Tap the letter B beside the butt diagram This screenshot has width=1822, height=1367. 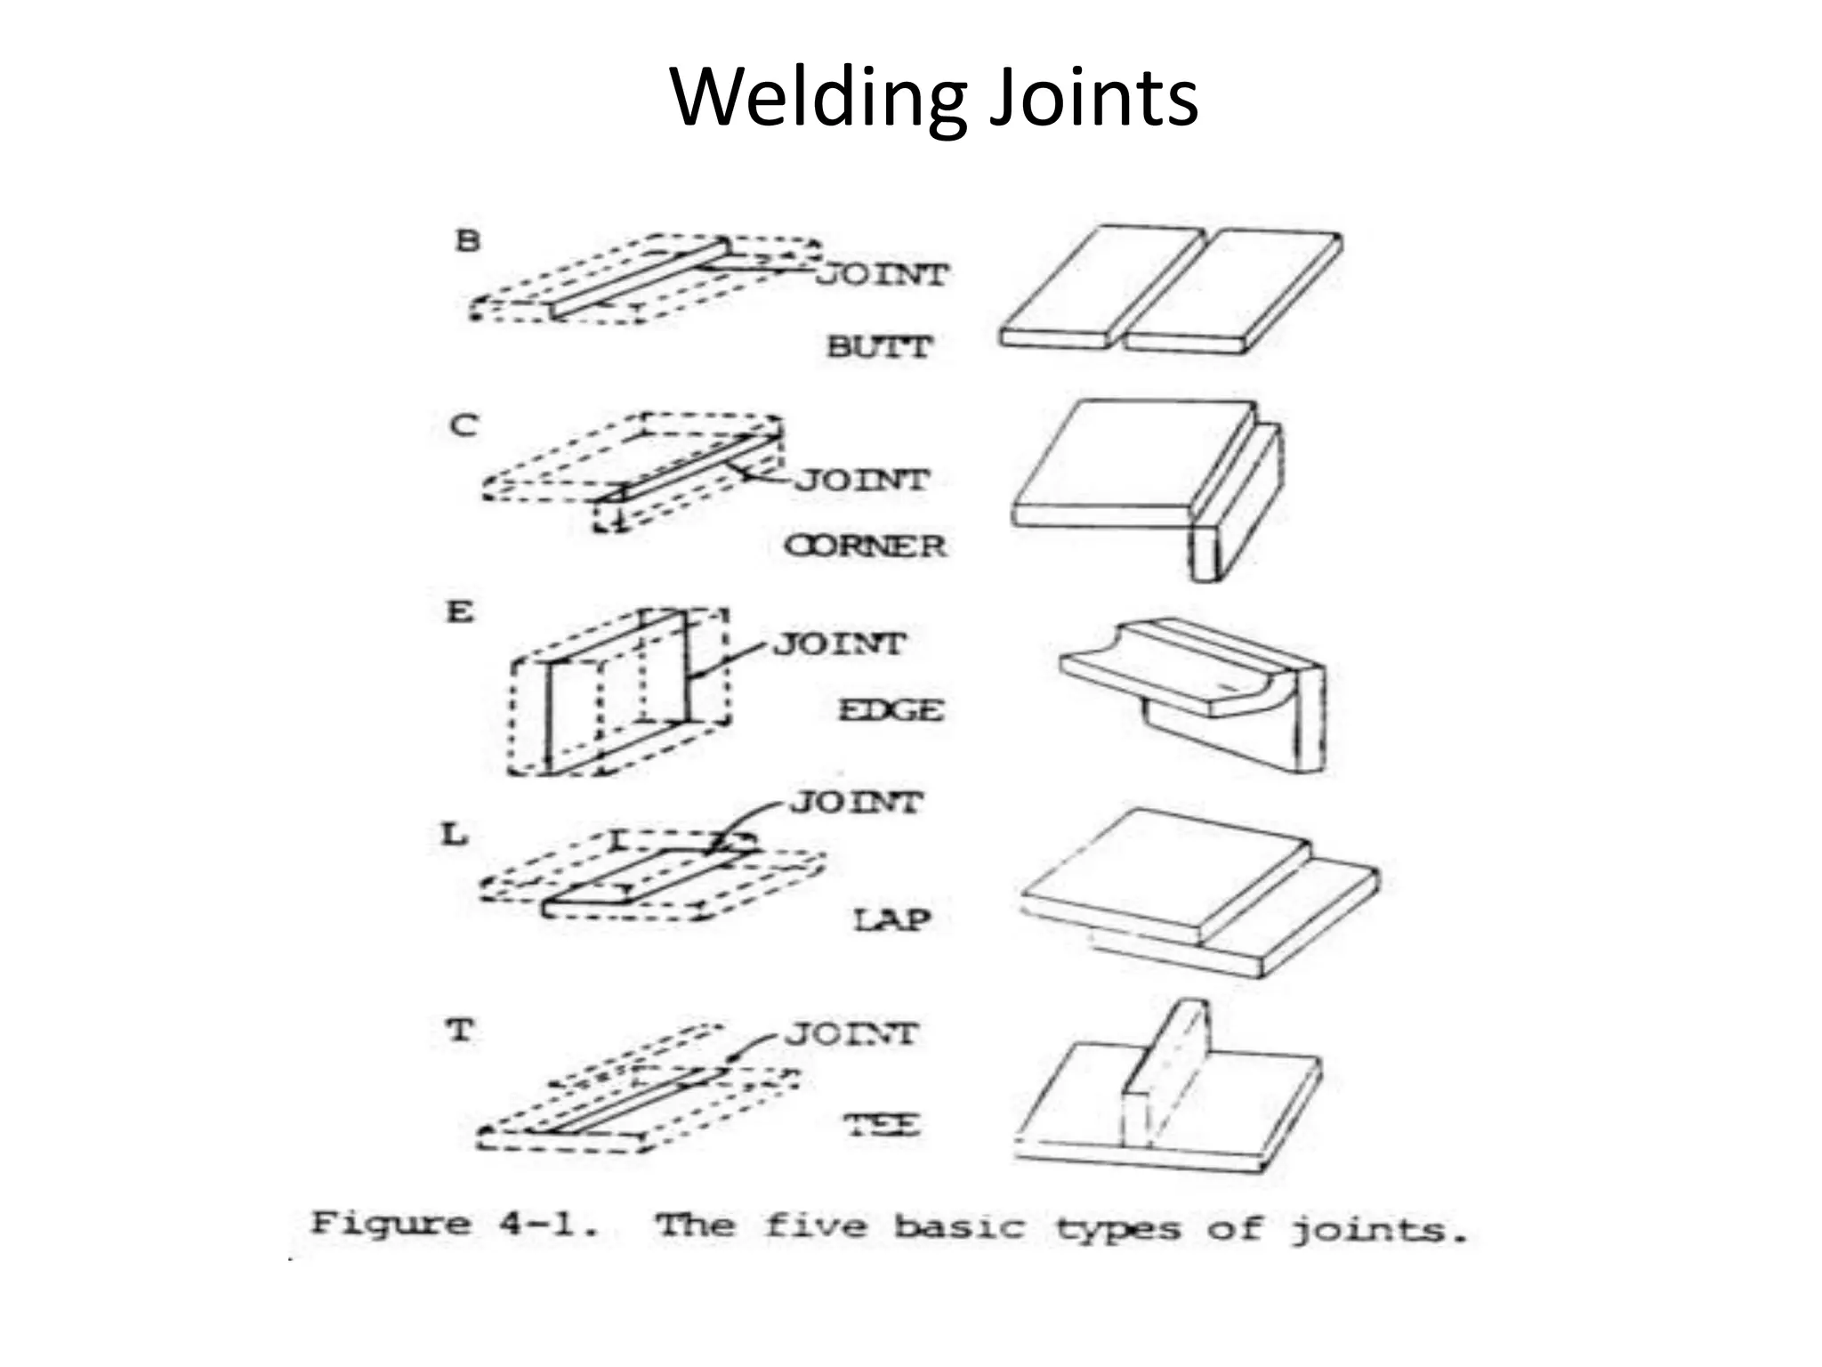coord(467,240)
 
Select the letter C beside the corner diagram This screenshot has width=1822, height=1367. coord(464,425)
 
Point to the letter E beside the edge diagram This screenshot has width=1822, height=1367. coord(460,612)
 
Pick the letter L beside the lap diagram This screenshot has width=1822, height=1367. coord(455,835)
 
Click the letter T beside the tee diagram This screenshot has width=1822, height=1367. coord(459,1031)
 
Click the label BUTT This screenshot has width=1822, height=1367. coord(879,346)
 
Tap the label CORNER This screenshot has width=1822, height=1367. coord(865,546)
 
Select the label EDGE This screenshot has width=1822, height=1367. coord(891,710)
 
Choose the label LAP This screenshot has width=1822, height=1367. coord(892,919)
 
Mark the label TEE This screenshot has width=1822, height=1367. coord(882,1125)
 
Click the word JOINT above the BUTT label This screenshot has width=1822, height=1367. coord(883,275)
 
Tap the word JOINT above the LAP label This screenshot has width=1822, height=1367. coord(856,803)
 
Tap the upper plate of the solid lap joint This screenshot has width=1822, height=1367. coord(1165,872)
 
